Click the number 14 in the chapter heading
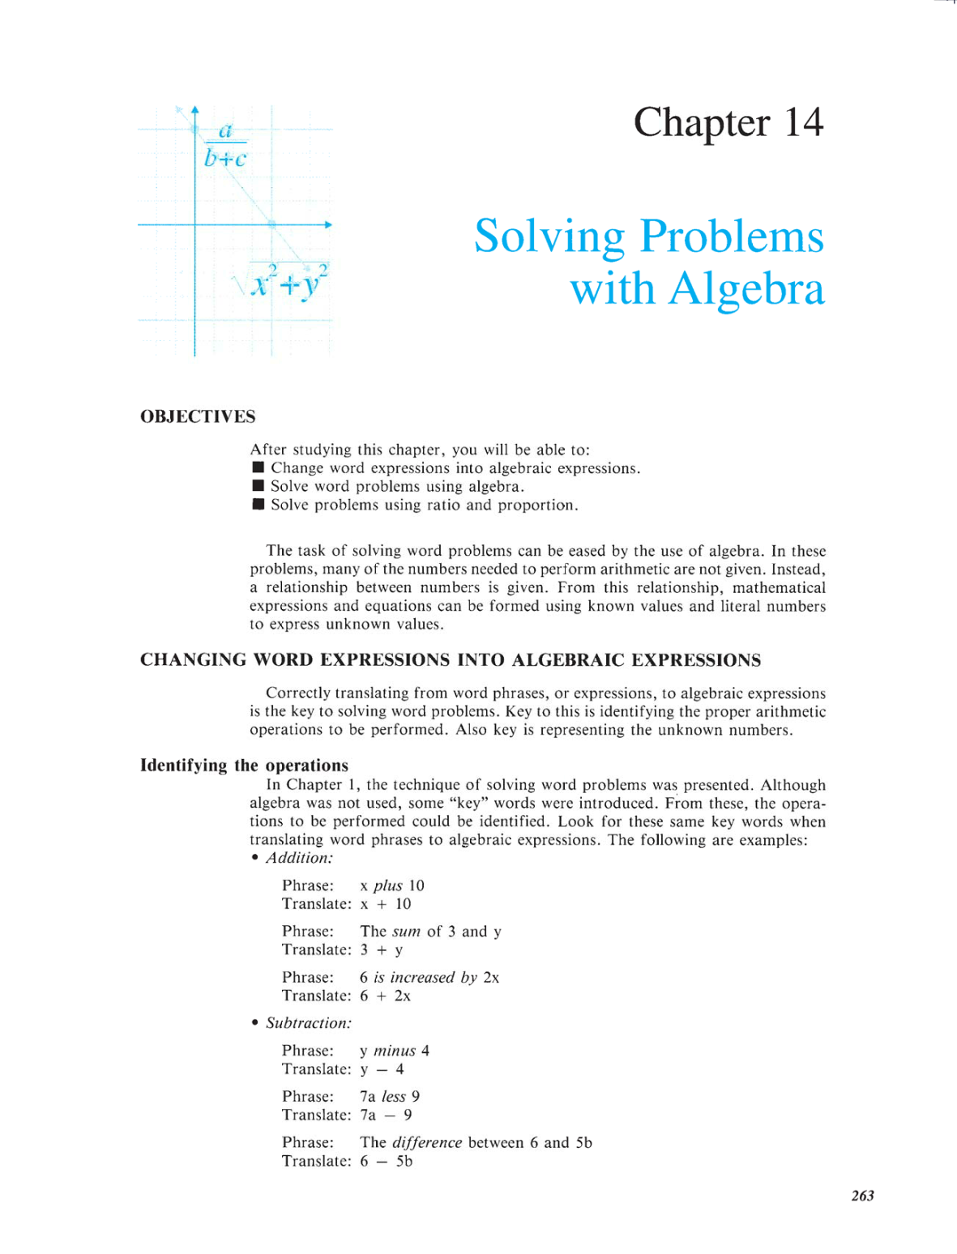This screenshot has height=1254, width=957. coord(803,123)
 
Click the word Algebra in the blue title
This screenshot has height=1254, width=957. coord(746,289)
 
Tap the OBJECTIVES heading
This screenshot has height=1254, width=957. coord(198,416)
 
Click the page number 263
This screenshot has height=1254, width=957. coord(862,1196)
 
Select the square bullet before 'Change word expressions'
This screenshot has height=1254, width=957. coord(258,467)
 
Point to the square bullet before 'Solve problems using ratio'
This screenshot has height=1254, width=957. coord(258,505)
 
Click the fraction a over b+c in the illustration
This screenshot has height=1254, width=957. coord(225,144)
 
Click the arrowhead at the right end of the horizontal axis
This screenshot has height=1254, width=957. coord(328,224)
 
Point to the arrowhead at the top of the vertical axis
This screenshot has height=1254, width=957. coord(194,109)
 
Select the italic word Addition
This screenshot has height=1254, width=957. coord(299,858)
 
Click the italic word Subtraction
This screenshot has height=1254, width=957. coord(308,1023)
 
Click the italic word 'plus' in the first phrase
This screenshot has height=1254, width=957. coord(387,885)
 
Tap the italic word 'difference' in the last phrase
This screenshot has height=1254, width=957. coord(426,1142)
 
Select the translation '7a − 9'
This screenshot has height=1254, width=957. coord(386,1115)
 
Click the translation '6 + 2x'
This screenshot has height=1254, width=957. coord(385,996)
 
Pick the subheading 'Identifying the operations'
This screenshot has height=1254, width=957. coord(244,766)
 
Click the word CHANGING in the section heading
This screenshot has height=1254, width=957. coord(193,659)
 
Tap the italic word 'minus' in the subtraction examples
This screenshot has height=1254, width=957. coord(394,1051)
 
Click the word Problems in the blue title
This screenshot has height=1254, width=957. coord(732,237)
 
